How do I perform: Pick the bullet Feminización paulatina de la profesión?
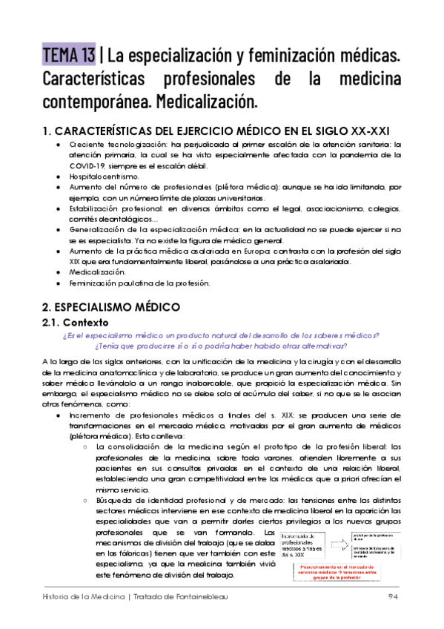139,283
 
